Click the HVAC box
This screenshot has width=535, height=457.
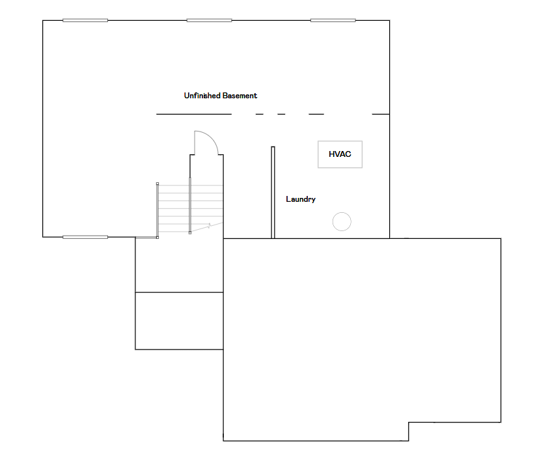coord(340,154)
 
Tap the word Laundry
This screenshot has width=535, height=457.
coord(301,199)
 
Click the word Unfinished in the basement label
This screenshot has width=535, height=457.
coord(202,96)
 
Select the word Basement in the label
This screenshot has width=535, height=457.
coord(240,96)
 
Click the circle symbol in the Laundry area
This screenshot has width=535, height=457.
coord(342,221)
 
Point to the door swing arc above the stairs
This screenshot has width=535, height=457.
coord(212,137)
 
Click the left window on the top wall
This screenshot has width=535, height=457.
coord(85,20)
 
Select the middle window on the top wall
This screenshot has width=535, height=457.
coord(209,20)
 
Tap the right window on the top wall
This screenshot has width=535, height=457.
coord(333,20)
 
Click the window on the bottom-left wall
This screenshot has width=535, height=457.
coord(85,237)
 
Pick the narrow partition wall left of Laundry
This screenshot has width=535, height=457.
coord(273,193)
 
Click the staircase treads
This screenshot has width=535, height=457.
coord(191,208)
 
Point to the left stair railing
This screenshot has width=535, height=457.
coord(158,210)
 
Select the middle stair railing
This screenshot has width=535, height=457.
coord(190,206)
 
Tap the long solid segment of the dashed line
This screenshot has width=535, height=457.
coord(194,114)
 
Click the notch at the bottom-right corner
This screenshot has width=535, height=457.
coord(409,422)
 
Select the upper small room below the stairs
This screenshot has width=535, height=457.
coord(180,265)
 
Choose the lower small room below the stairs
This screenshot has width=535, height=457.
coord(180,321)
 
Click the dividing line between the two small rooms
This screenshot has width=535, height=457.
coord(180,292)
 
